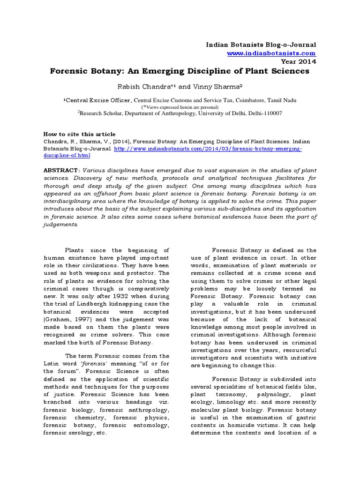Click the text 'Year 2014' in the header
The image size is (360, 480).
click(298, 61)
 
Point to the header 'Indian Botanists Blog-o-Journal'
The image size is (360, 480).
click(261, 45)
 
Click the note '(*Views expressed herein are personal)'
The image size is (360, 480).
click(180, 106)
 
